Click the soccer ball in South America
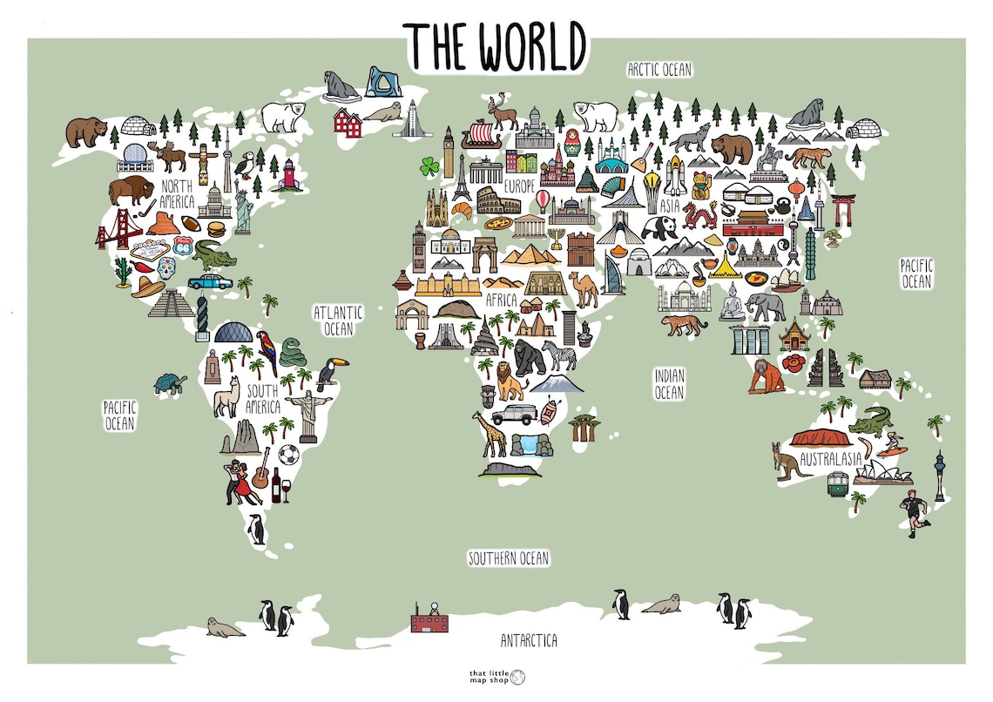[289, 454]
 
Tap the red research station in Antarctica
[429, 620]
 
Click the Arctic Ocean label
[659, 69]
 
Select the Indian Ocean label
[669, 384]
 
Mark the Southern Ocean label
[509, 558]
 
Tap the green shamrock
[430, 165]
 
